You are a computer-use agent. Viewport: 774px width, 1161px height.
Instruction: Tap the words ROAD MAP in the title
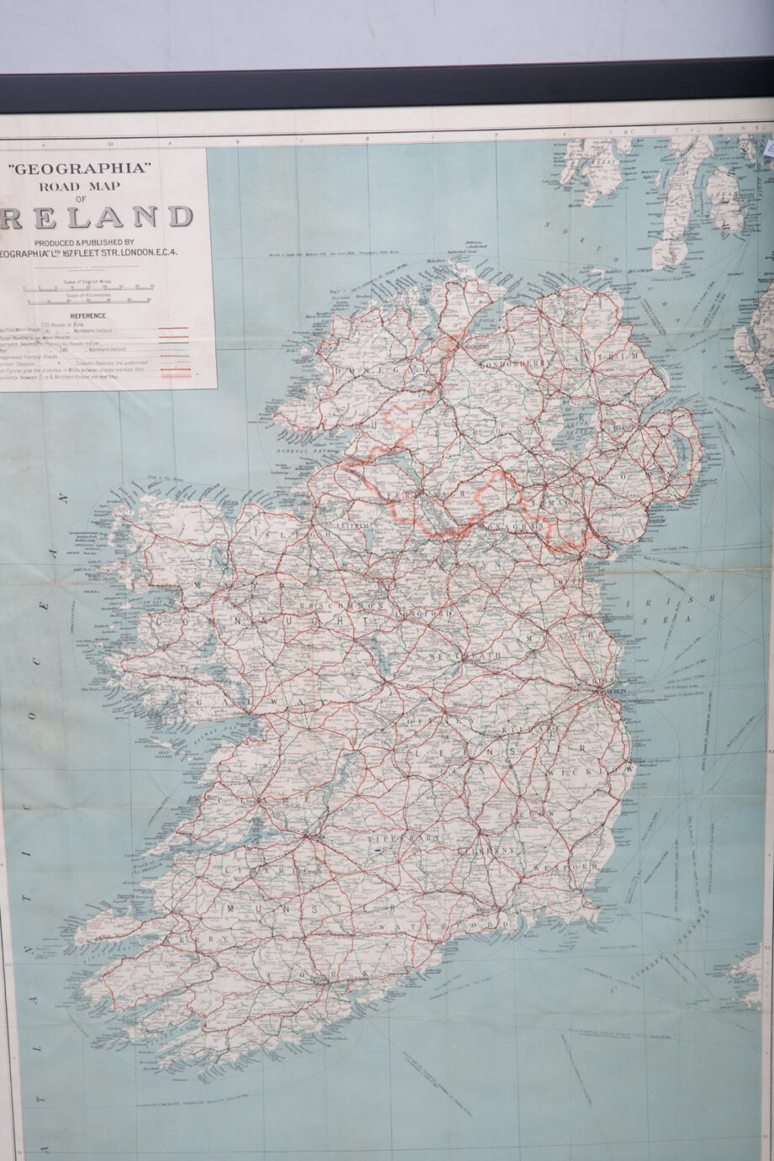coord(80,186)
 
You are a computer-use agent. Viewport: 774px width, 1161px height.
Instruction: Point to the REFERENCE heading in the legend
coord(87,315)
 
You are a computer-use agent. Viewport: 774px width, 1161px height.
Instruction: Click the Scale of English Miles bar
coord(88,287)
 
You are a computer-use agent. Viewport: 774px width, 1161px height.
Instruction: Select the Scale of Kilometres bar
coord(88,299)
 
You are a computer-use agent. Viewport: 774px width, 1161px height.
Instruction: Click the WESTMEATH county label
coord(465,655)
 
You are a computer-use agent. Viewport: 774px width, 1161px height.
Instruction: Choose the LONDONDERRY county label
coord(513,364)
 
